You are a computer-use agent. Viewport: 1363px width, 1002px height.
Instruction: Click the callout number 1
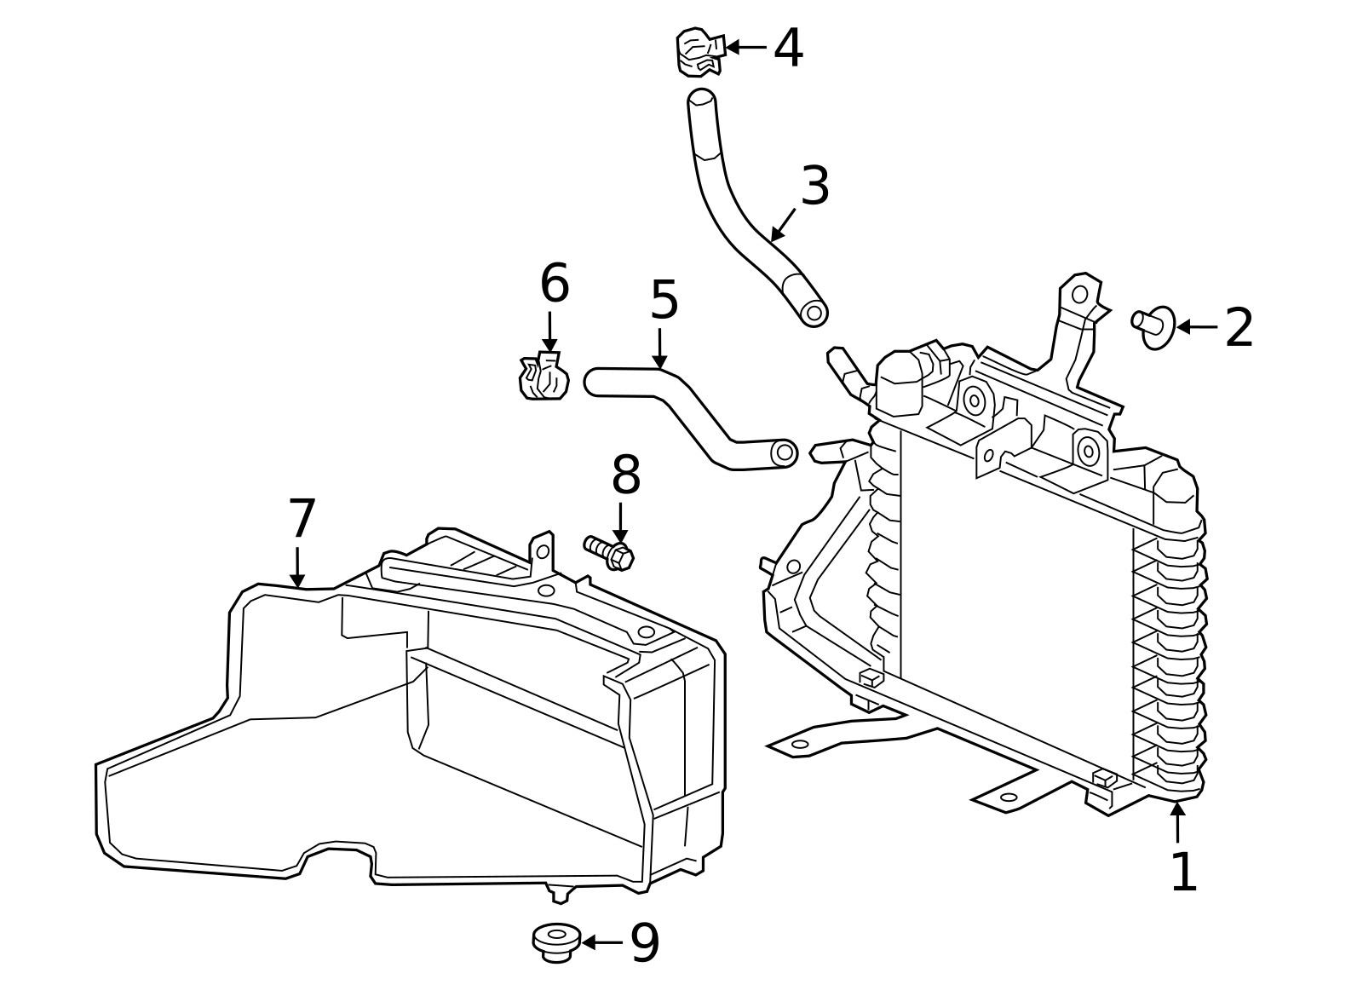[x=1183, y=872]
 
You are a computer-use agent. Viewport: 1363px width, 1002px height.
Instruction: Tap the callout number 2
[x=1239, y=328]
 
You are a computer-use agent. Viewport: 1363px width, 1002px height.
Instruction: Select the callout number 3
[x=815, y=186]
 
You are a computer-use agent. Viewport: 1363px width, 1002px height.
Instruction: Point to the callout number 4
[x=788, y=49]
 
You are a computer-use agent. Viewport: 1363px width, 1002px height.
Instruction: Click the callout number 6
[x=555, y=284]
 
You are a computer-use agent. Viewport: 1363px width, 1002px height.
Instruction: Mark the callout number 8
[x=626, y=475]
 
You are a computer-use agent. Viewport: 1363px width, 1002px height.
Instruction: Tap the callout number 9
[x=645, y=943]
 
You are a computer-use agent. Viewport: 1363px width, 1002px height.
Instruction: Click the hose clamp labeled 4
[x=699, y=52]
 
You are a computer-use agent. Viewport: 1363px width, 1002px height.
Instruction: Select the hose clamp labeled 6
[x=544, y=377]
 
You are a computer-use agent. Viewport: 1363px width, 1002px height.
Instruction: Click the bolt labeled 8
[x=609, y=553]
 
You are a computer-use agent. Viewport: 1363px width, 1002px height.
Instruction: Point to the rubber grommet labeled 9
[x=556, y=942]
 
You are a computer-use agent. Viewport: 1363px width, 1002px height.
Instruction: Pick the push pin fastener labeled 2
[x=1154, y=325]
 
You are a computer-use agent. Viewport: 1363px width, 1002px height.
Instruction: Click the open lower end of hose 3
[x=814, y=313]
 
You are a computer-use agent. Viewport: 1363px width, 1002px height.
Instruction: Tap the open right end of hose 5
[x=784, y=452]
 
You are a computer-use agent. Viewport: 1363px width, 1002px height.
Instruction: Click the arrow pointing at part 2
[x=1197, y=327]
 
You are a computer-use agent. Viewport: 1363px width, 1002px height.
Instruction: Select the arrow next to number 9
[x=601, y=942]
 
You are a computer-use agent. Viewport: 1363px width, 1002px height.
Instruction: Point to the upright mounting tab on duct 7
[x=542, y=554]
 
